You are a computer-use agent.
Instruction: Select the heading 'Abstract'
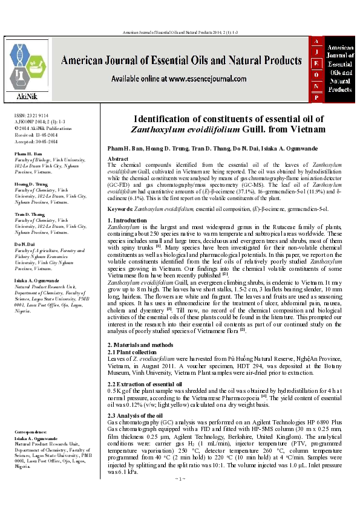click(x=117, y=158)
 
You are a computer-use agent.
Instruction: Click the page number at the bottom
click(x=179, y=495)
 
